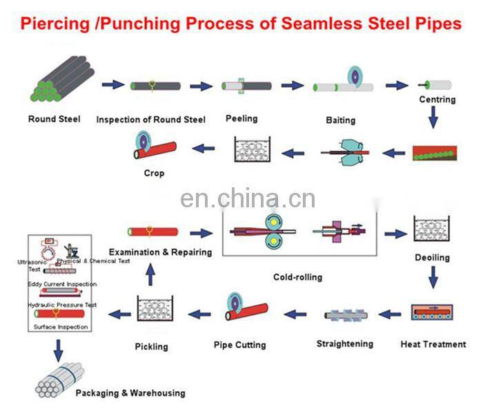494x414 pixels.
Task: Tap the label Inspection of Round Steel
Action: (150, 120)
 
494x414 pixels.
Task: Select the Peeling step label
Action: (241, 118)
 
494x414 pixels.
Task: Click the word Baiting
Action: (340, 120)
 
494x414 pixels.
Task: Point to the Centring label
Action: (437, 100)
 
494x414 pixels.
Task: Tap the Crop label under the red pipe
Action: (154, 173)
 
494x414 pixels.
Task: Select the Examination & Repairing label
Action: (160, 252)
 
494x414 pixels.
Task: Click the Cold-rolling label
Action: (297, 277)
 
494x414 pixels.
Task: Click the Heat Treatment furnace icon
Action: (433, 314)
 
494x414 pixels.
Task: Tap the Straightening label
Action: (344, 344)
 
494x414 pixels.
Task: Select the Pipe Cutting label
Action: (239, 344)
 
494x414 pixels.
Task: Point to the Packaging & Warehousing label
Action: (130, 393)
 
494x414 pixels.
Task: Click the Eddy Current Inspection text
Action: (63, 284)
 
